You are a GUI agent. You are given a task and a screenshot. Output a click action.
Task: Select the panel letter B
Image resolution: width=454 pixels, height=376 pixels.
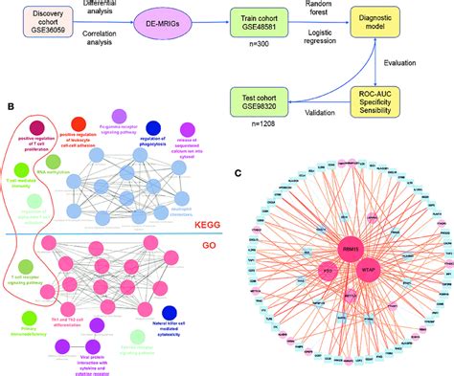click(7, 110)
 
